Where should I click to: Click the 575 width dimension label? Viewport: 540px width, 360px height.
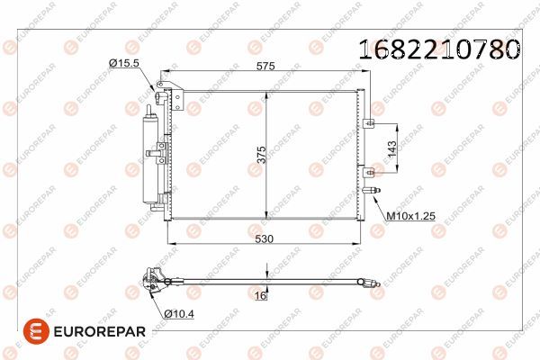265,65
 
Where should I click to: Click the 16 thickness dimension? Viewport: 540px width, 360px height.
260,294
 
